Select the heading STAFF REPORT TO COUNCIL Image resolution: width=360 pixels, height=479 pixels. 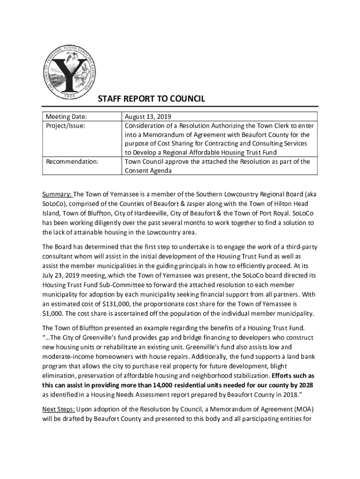coord(151,99)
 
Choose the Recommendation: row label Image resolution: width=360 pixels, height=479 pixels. coord(72,162)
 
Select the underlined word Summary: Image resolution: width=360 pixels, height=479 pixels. coord(57,194)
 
